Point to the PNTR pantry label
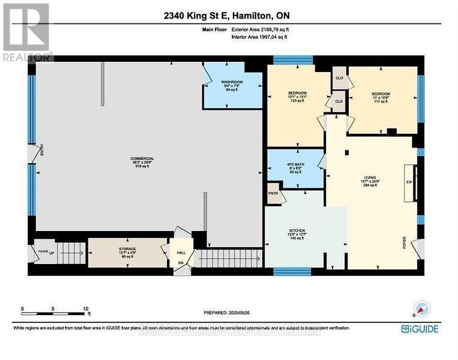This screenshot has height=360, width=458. coord(273,194)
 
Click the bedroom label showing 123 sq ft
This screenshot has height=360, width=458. coord(297,93)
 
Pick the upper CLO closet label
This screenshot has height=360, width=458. coord(339,77)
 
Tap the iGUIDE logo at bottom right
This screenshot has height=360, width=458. coord(420,328)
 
